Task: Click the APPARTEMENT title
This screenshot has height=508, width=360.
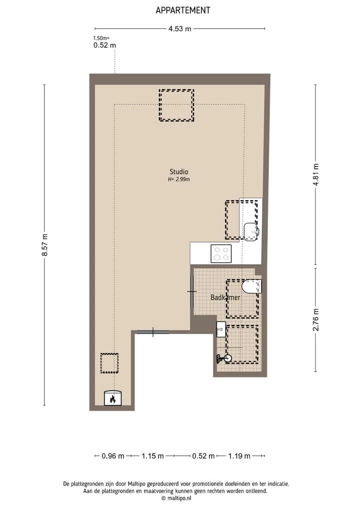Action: [183, 10]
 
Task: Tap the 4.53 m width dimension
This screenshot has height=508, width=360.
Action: [179, 29]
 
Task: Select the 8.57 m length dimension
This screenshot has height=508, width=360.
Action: [45, 245]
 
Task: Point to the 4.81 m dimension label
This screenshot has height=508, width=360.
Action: [316, 174]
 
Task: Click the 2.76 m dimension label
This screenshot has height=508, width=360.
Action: [316, 320]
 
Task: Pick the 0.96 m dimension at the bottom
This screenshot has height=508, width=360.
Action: [113, 456]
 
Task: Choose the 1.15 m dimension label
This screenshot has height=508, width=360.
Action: [152, 456]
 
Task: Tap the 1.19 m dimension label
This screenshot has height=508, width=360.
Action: [239, 456]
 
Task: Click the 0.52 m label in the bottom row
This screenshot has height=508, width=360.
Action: [203, 456]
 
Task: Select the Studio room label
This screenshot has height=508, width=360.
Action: [178, 172]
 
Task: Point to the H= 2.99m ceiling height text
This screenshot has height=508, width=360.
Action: [178, 179]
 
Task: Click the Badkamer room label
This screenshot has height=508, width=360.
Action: [225, 297]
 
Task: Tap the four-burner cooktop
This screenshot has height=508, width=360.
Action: [221, 254]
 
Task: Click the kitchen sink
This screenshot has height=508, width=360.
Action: [251, 232]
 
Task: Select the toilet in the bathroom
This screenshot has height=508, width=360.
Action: [251, 286]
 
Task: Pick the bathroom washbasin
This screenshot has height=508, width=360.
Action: [221, 330]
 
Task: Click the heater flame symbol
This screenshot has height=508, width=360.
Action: [112, 398]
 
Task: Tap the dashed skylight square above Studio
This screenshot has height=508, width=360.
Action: [176, 105]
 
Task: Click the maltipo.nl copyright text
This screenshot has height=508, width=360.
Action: [176, 499]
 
